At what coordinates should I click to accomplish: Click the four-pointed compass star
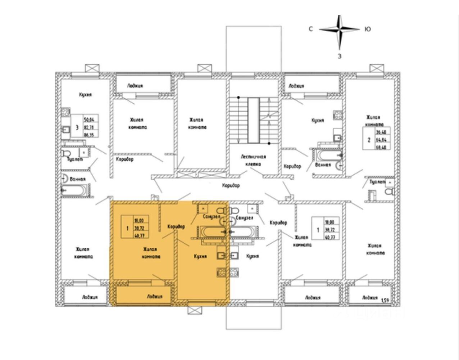pos(339,30)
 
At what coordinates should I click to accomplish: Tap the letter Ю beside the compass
pos(367,29)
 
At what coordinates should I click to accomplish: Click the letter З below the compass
pos(339,56)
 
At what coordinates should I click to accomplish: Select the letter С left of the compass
pos(310,29)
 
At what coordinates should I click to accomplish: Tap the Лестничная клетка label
pos(253,160)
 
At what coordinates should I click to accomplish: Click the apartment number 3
pos(77,127)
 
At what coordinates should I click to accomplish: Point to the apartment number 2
pos(369,139)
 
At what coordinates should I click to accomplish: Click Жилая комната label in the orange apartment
pos(151,253)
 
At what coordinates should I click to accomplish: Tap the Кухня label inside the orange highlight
pos(200,256)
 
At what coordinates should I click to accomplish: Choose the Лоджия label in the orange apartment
pos(155,296)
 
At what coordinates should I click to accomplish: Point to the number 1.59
pos(385,300)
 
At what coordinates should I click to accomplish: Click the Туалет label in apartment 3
pos(74,159)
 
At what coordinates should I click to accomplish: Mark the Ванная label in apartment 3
pos(78,179)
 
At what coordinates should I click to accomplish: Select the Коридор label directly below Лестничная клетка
pos(231,185)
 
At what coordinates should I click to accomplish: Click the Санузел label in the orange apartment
pos(210,217)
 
